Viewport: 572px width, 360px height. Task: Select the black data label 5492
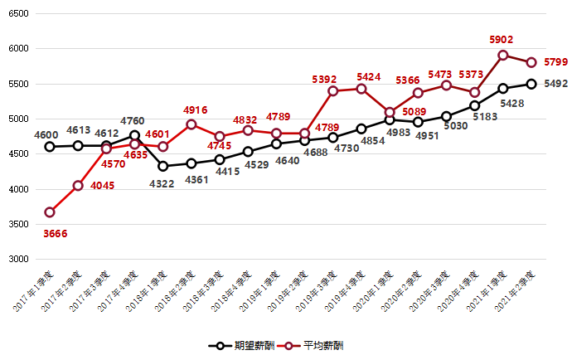click(555, 83)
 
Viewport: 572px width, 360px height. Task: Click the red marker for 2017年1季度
click(50, 212)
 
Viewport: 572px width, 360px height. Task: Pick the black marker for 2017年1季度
click(50, 147)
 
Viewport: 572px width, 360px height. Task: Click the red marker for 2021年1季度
click(503, 56)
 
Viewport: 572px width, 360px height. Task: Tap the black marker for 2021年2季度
click(531, 84)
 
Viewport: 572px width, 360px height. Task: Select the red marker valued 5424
click(361, 89)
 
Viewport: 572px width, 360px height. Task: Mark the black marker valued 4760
click(134, 135)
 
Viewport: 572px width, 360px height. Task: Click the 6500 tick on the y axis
click(17, 14)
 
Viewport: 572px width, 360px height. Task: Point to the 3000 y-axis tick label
click(17, 260)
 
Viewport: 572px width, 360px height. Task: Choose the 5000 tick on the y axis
click(17, 119)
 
